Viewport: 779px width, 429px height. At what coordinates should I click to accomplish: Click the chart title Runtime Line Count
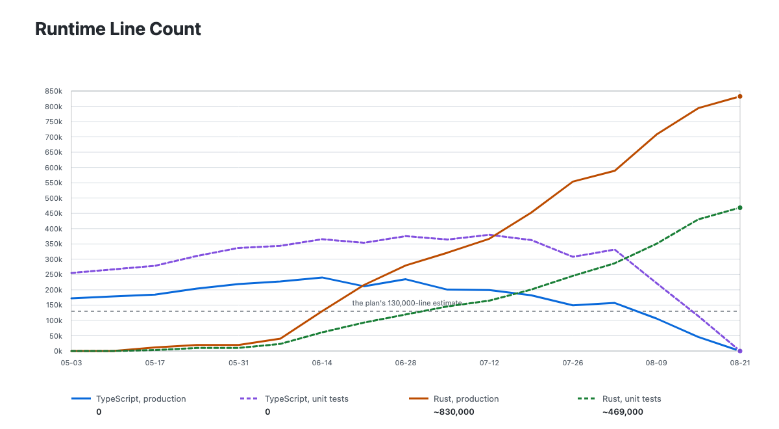(x=118, y=29)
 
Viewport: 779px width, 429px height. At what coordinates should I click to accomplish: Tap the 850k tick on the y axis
(x=53, y=91)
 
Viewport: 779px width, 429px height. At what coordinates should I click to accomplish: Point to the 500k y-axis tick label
(x=53, y=198)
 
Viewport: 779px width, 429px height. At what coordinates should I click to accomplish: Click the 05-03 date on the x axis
(x=71, y=363)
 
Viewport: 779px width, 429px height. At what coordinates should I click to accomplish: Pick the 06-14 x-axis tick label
(x=322, y=363)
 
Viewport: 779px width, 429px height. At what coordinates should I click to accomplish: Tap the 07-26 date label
(x=573, y=363)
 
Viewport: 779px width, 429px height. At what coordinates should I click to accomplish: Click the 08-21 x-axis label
(x=740, y=363)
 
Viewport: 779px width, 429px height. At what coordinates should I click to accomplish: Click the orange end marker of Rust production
(x=740, y=96)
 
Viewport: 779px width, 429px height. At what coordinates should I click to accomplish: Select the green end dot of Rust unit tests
(x=740, y=208)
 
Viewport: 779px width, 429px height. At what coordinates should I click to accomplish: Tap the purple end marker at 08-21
(x=740, y=351)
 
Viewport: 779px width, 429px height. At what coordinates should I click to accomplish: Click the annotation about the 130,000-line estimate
(x=407, y=303)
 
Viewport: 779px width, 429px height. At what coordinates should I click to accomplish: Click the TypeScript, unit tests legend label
(x=306, y=398)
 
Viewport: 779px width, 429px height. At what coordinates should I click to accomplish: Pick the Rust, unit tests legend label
(x=632, y=398)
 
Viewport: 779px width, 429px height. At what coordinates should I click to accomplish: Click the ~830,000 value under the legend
(x=454, y=412)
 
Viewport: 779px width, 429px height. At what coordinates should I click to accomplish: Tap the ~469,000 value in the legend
(x=623, y=412)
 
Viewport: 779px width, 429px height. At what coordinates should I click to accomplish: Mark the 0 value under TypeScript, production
(x=99, y=412)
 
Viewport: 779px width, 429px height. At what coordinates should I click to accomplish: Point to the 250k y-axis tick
(x=53, y=274)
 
